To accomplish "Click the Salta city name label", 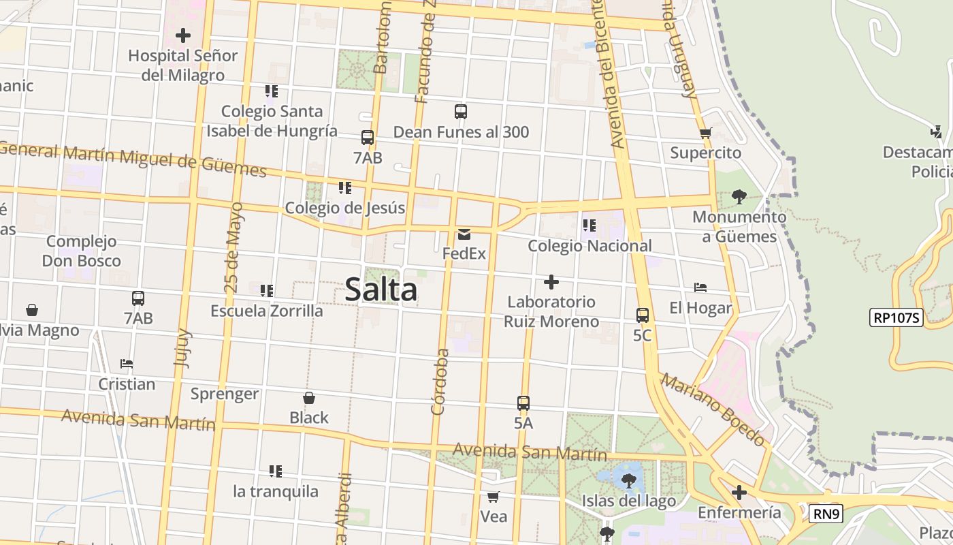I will (x=381, y=290).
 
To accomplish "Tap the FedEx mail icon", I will (x=464, y=234).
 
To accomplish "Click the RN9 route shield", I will (x=826, y=514).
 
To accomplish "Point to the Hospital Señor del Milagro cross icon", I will (x=183, y=35).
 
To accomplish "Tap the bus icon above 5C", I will (x=642, y=315).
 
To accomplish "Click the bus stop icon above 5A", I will (x=523, y=403).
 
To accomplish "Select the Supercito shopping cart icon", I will (x=705, y=134).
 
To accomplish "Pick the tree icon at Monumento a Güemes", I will (x=739, y=198).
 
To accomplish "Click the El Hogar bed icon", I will (x=700, y=288).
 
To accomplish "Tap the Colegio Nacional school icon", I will (x=589, y=225).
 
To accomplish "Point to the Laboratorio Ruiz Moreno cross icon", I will (x=551, y=282).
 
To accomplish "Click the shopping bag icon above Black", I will (x=309, y=398).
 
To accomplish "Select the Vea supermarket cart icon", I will (x=494, y=497).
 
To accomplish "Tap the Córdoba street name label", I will (x=440, y=381).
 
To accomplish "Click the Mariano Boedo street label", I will (x=712, y=409).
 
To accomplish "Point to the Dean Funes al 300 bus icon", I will (x=461, y=112).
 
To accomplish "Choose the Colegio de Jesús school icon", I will (x=345, y=188).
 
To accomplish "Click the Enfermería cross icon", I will (x=739, y=492).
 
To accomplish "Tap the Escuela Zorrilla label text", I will (x=267, y=311).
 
